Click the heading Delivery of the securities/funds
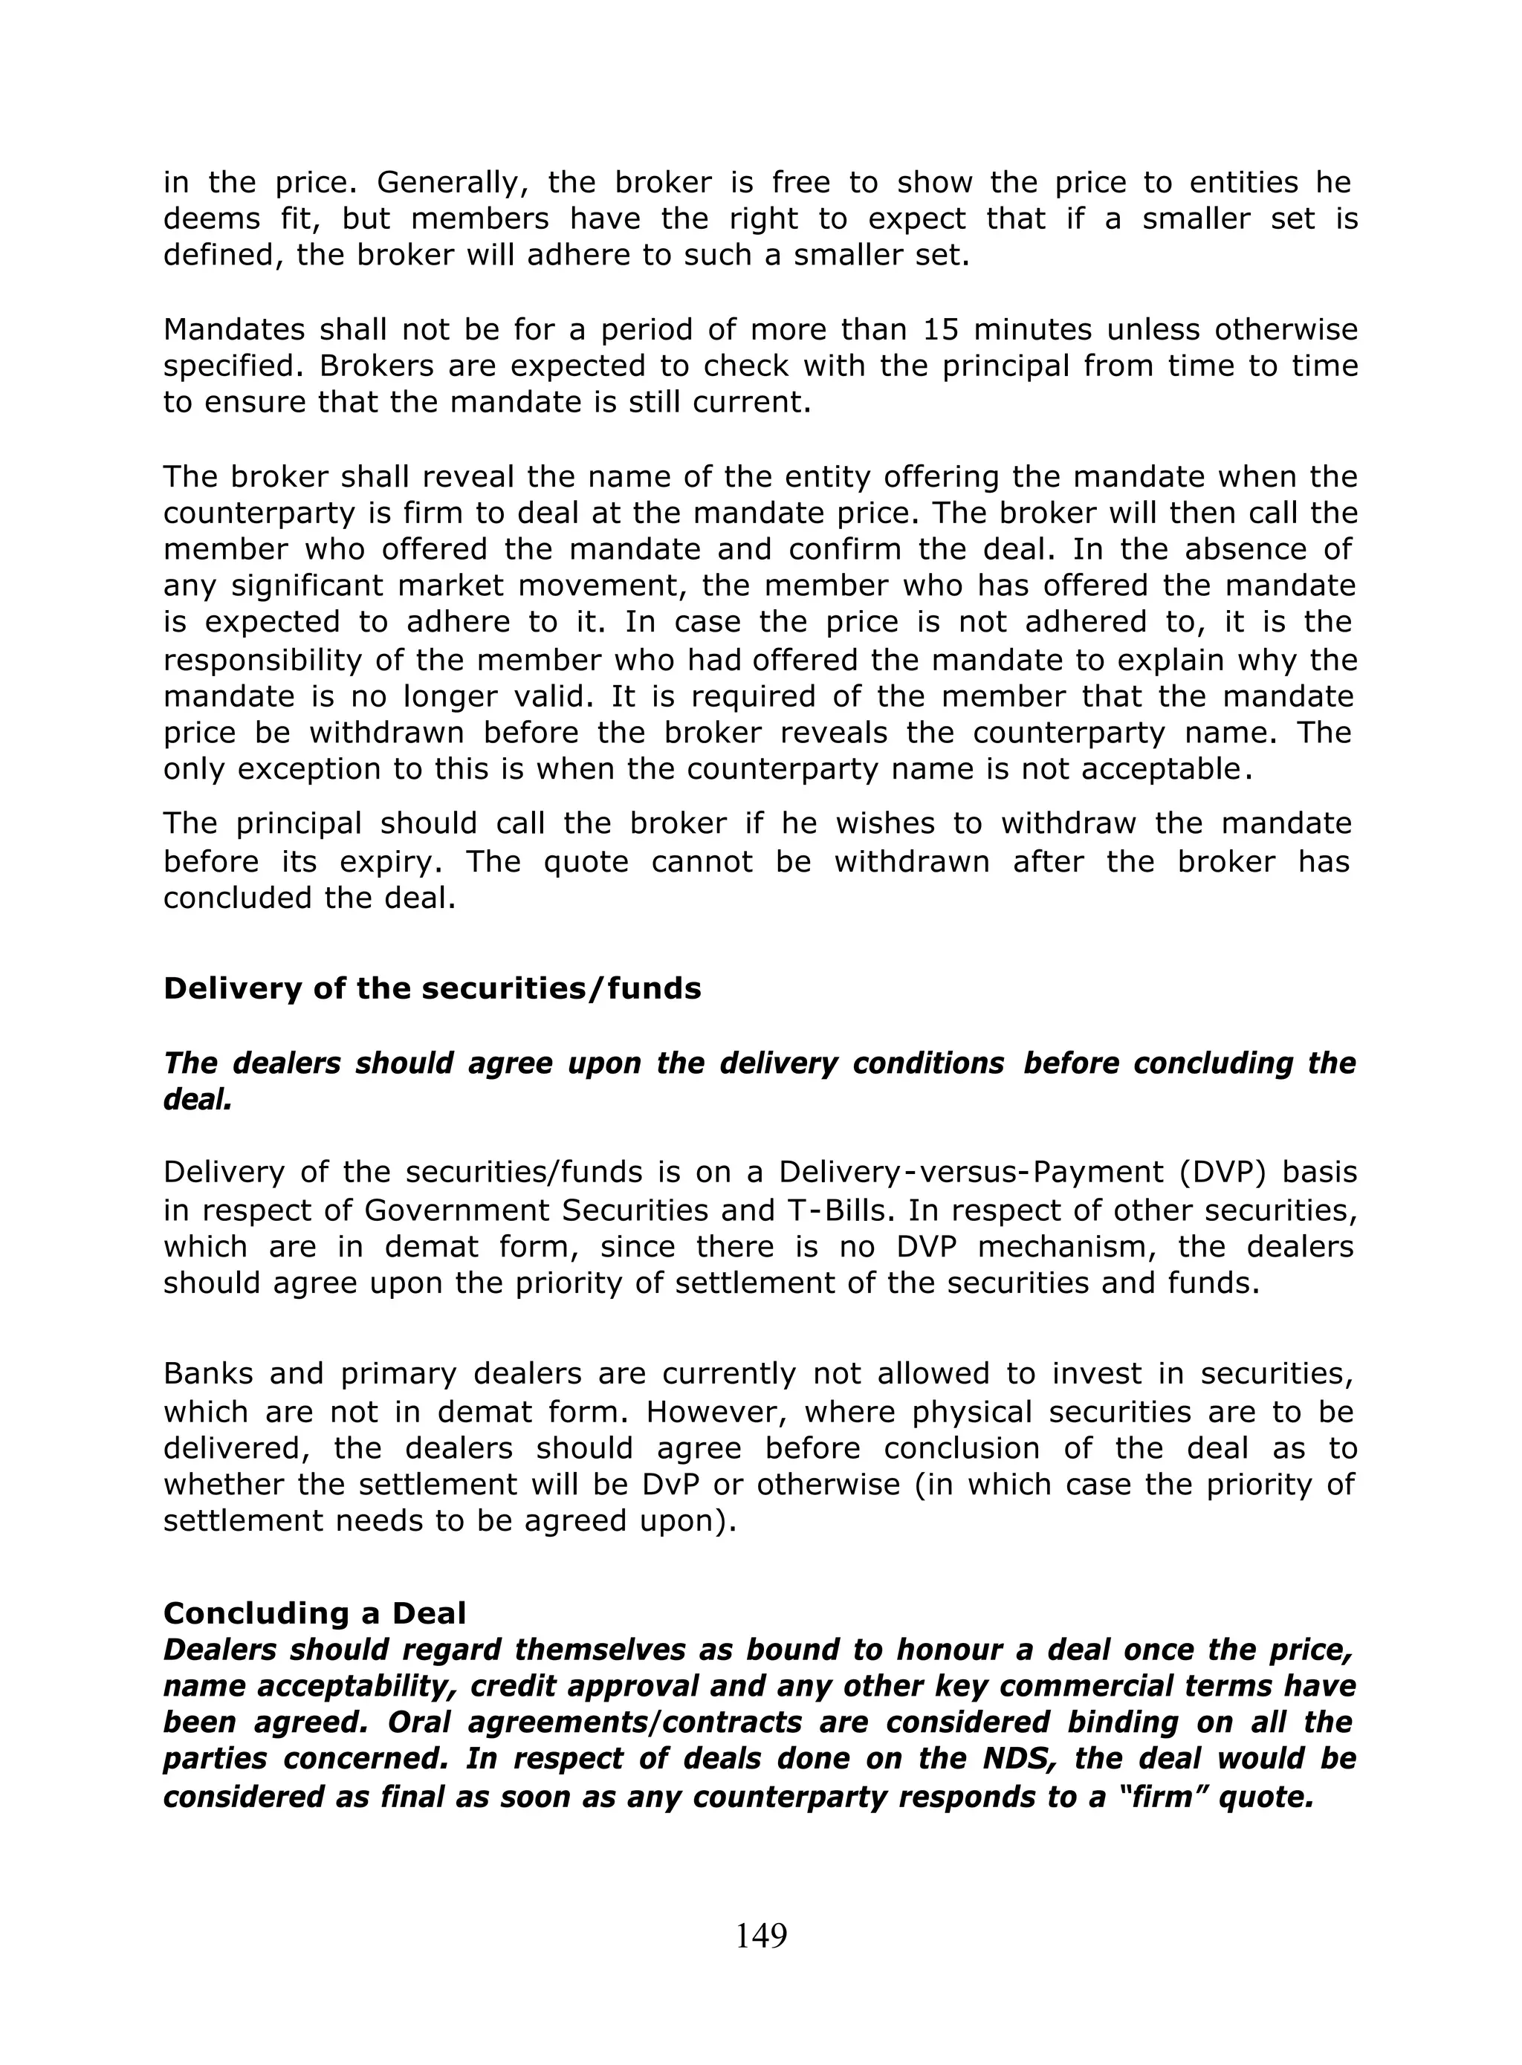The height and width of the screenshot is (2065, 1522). (432, 988)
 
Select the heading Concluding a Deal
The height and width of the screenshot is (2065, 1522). (314, 1612)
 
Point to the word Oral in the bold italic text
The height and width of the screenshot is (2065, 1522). (425, 1722)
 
